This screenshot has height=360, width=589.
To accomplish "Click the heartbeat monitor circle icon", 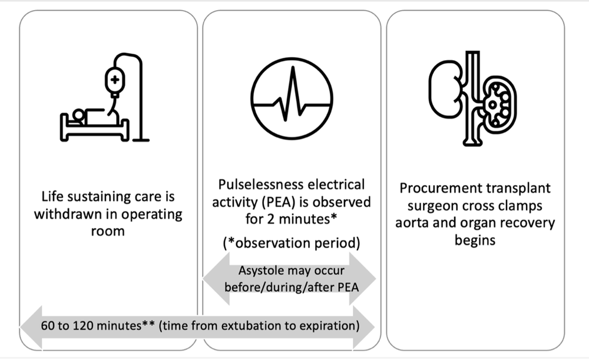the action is pos(289,100).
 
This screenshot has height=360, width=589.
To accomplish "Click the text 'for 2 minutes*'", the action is pos(289,219).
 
